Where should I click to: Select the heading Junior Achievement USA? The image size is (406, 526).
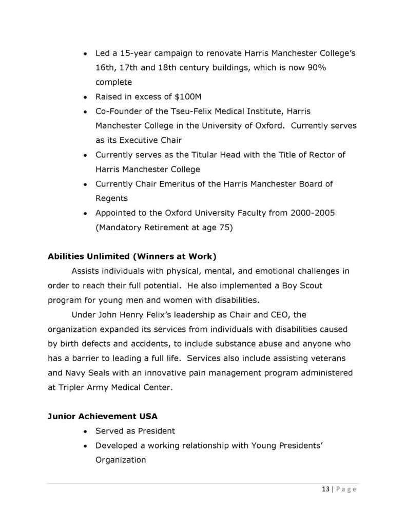click(x=96, y=417)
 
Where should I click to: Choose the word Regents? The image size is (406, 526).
click(x=111, y=198)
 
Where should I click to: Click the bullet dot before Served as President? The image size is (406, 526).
click(x=85, y=431)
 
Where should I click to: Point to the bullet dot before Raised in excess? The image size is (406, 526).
click(x=85, y=97)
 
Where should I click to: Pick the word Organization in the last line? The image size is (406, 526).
click(x=121, y=460)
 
